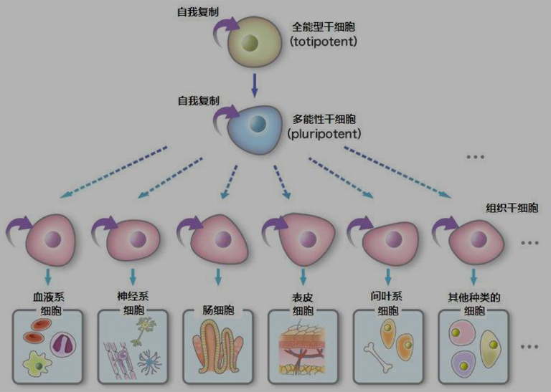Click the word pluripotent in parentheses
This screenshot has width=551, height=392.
coord(324,133)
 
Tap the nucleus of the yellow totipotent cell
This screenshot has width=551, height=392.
coord(250,43)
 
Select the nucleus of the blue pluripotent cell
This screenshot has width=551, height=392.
coord(259,125)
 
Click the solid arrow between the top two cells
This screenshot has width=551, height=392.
coord(254,85)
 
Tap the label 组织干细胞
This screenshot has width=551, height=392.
coord(512,207)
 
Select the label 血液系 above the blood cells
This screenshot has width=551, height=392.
coord(47,296)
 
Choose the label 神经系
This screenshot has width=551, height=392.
coord(133,296)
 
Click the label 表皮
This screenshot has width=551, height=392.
coord(303,297)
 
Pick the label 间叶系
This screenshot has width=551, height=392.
coord(387,296)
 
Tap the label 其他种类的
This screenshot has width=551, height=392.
coord(474,296)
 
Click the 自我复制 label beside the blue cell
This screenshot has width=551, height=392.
coord(198,101)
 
